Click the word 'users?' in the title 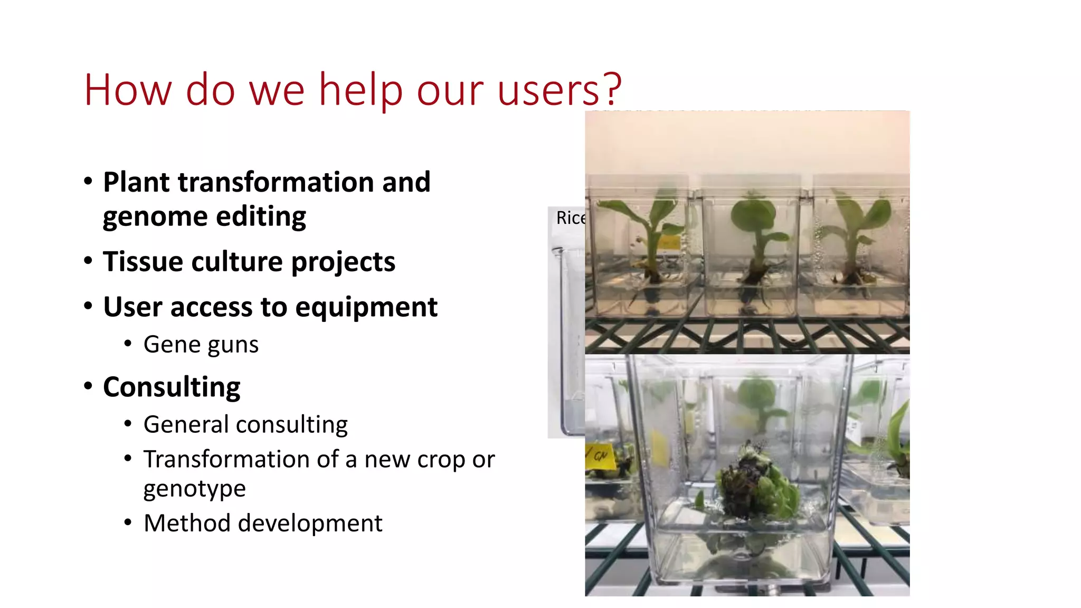[560, 90]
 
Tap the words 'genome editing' [204, 216]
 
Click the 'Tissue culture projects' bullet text [249, 262]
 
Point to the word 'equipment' [366, 307]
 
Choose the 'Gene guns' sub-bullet [201, 345]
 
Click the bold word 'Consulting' [172, 387]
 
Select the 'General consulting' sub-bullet [245, 425]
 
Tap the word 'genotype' [194, 489]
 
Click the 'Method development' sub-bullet [263, 524]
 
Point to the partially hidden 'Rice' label [570, 218]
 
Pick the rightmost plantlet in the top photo [855, 237]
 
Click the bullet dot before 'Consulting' [88, 386]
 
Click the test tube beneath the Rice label [567, 338]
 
